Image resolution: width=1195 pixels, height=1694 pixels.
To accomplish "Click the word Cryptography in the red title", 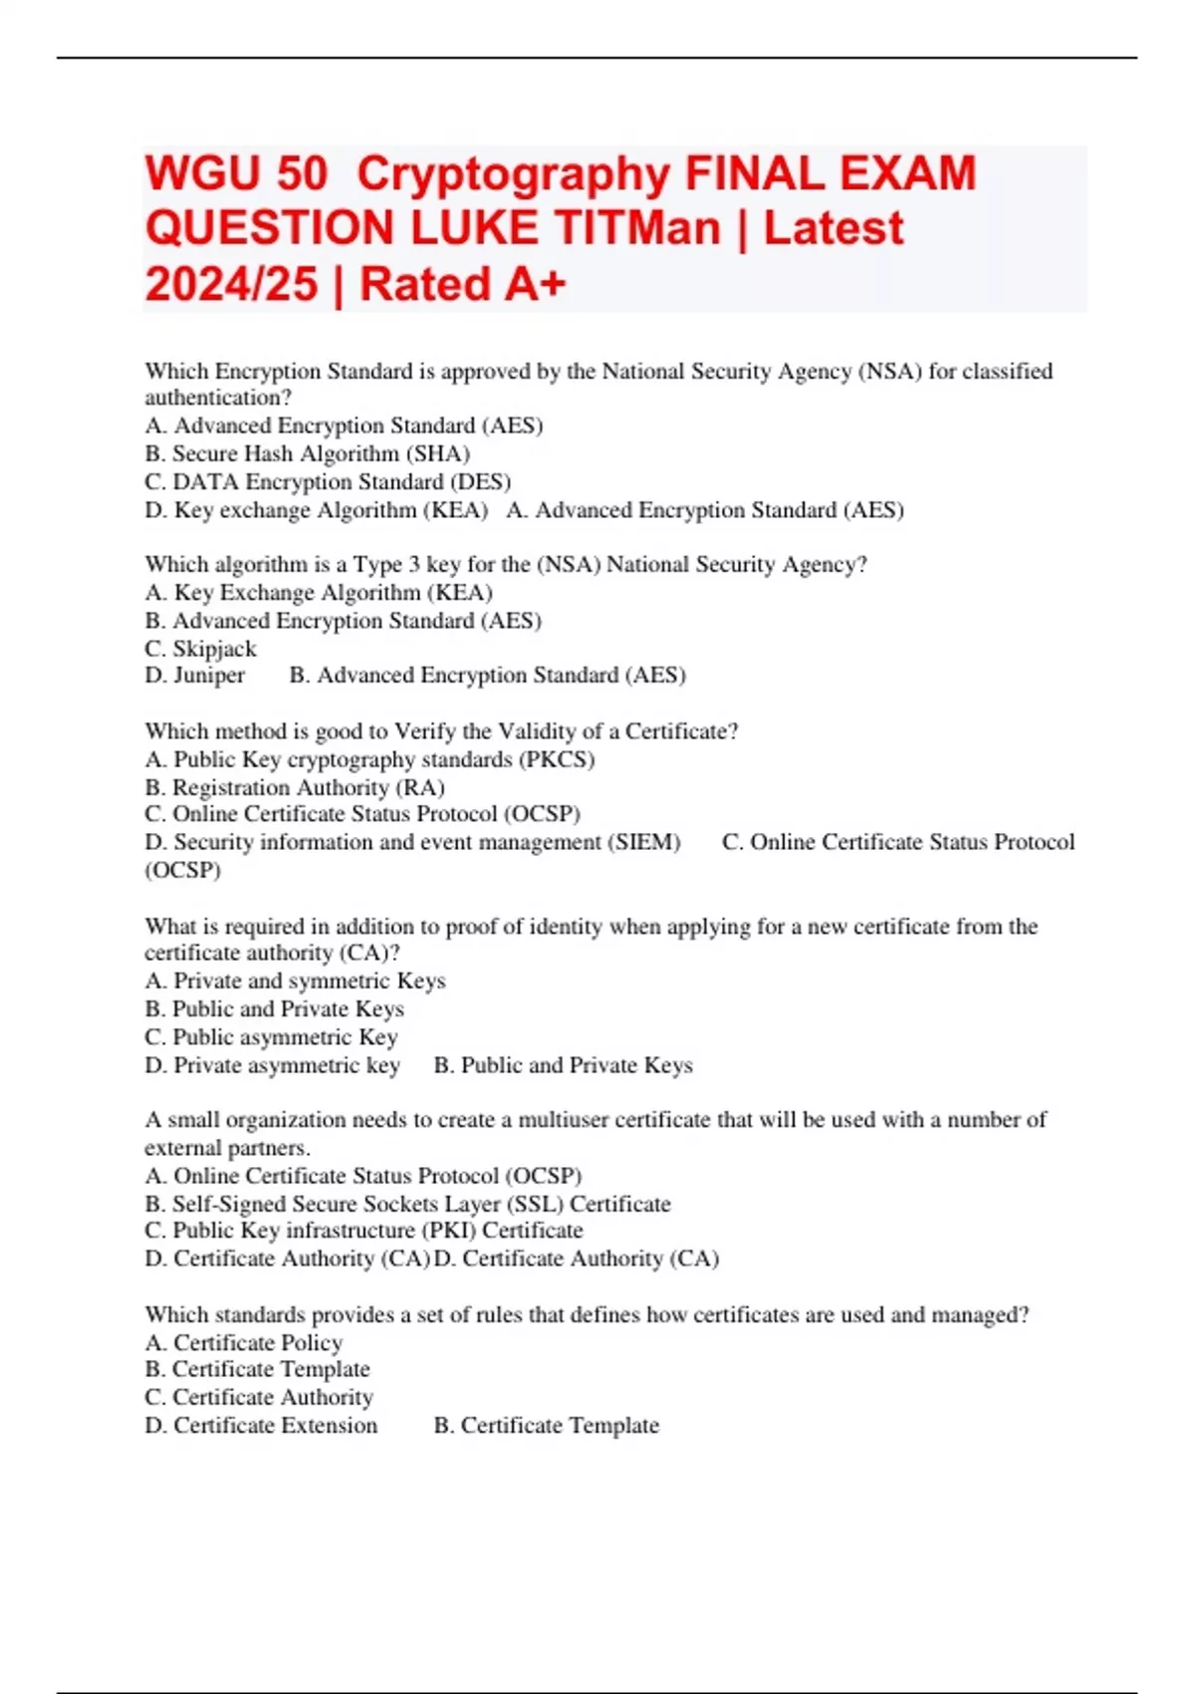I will coord(513,173).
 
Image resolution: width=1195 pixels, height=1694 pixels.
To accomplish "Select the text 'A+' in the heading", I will coord(535,284).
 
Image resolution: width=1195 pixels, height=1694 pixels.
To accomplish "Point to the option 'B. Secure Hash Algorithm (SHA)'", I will coord(307,454).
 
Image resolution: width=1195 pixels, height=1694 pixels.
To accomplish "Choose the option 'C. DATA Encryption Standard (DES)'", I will coord(328,482).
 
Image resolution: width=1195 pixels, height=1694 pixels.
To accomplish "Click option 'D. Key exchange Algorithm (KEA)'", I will coord(316,510).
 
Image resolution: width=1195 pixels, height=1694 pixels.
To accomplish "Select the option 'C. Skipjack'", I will coord(200,649).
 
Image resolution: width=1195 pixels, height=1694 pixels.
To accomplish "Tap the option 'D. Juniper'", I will coord(194,676).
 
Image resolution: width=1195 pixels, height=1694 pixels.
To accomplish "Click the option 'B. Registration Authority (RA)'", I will coord(295,787).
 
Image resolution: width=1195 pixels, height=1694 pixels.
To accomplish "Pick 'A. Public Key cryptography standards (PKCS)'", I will coord(369,759).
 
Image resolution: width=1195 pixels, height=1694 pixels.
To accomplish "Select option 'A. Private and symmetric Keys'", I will coord(295,982).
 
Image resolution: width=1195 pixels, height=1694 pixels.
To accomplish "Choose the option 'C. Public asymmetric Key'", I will coord(271,1037).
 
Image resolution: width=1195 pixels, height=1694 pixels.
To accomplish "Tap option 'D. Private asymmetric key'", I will coord(272,1065).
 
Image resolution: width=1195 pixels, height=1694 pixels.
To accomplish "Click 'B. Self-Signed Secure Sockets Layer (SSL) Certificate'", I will coord(407,1204).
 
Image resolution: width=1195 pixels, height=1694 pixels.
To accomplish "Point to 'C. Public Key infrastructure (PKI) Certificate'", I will coord(363,1231).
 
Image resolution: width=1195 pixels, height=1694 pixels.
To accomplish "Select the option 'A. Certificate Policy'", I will coord(243,1343).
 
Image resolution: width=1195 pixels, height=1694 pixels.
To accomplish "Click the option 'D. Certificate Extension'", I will coord(261,1426).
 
